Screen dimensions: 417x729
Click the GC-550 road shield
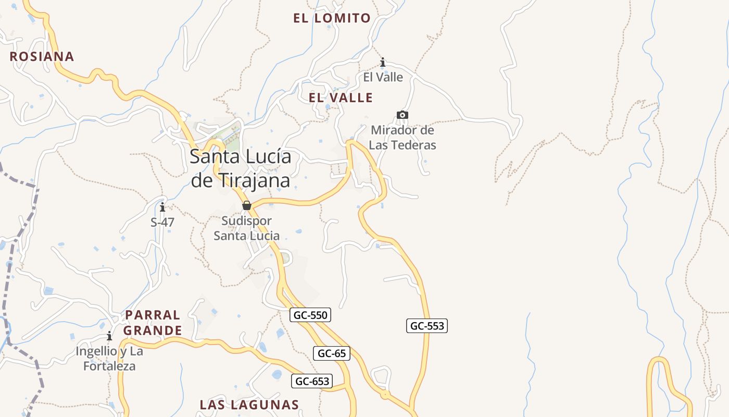[310, 315]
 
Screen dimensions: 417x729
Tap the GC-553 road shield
[427, 326]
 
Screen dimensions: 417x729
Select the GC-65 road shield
[332, 353]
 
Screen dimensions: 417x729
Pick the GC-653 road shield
[312, 381]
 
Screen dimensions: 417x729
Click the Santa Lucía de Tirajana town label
[241, 168]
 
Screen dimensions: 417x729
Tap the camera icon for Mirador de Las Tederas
[402, 115]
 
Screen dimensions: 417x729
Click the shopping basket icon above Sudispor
[247, 205]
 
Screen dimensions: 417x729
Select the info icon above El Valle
[383, 63]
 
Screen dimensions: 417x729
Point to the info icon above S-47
[162, 207]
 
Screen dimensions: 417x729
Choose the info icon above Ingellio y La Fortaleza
[109, 336]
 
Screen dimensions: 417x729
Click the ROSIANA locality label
[42, 56]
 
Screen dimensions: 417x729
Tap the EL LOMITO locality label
[332, 18]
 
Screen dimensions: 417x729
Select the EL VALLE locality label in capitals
[341, 97]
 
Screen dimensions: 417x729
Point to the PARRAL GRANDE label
[153, 323]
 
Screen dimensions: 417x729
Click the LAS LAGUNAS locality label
[249, 404]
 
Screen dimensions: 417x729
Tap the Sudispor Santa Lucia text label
[247, 228]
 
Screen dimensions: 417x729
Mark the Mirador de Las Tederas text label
[403, 138]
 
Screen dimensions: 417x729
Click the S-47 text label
[162, 222]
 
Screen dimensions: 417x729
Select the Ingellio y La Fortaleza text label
[109, 359]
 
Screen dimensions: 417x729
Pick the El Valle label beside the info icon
[383, 77]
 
